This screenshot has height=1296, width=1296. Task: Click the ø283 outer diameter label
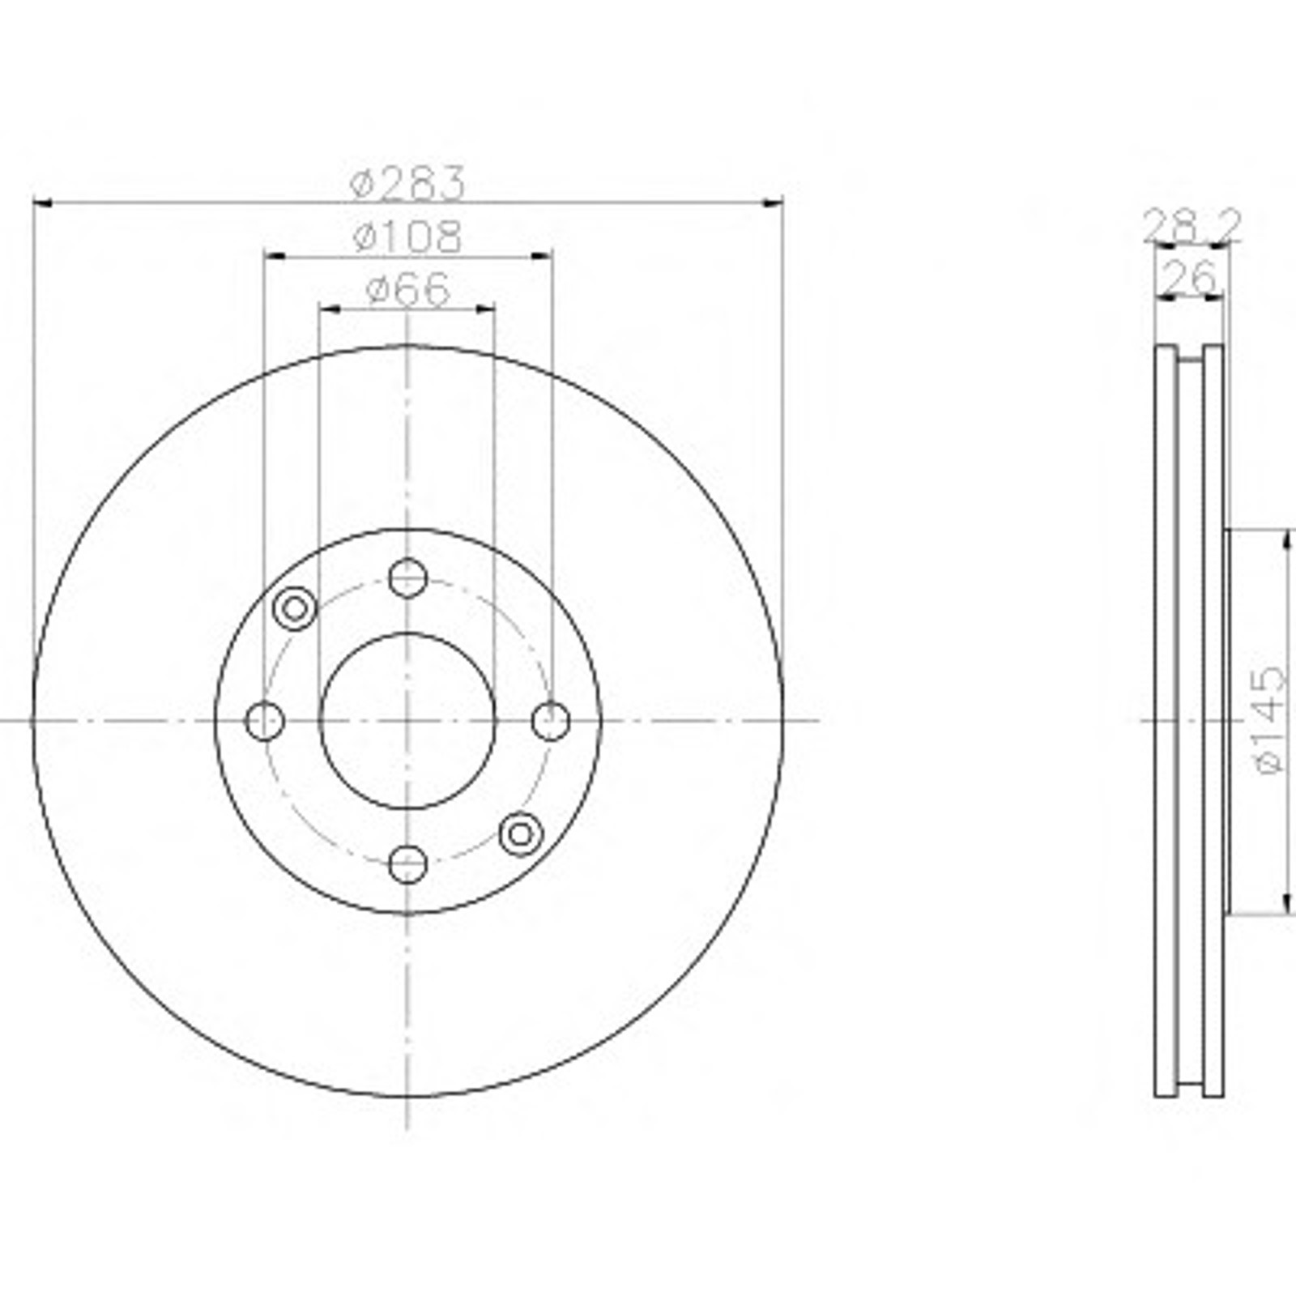(407, 183)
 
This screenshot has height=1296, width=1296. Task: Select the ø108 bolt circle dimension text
(407, 237)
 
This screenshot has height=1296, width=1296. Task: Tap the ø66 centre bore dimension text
(407, 290)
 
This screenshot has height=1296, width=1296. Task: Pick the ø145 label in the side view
(1268, 720)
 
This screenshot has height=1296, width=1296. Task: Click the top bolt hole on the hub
(407, 578)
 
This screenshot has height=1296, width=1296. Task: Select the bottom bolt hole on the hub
(407, 863)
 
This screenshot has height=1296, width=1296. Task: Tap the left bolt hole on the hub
(264, 721)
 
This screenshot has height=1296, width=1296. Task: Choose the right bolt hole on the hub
(551, 721)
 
